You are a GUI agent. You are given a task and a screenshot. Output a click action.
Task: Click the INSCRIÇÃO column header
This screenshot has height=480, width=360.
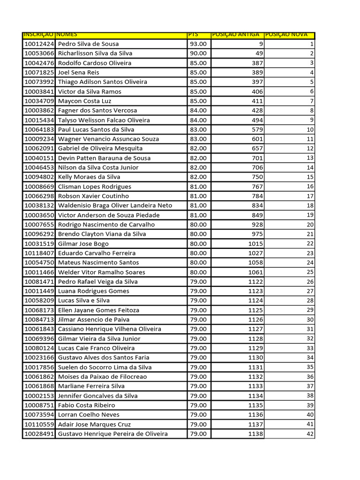pos(38,35)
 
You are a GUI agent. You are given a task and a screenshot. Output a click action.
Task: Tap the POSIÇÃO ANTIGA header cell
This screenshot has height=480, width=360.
pos(236,35)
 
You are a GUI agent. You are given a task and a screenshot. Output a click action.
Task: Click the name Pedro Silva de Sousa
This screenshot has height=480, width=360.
pos(88,44)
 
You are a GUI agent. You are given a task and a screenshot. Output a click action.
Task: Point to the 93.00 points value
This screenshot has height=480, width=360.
pos(198,44)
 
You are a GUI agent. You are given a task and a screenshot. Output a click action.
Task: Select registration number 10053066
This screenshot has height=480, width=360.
pos(39,53)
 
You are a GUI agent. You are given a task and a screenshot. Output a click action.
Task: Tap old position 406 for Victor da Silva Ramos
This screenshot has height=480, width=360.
pos(257,92)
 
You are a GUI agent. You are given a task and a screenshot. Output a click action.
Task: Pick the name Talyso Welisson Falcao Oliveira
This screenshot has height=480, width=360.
pos(104,120)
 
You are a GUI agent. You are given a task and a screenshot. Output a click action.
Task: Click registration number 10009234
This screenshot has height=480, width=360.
pos(39,139)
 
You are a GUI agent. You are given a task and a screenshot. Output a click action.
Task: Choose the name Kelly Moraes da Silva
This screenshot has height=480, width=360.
pos(89,177)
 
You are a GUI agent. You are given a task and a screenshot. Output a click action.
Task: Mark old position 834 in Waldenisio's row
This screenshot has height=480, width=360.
pos(257,206)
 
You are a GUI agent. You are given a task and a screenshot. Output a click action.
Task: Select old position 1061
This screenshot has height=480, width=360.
pos(255,272)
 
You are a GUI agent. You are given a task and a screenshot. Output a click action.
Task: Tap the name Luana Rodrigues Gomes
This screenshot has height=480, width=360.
pos(93,291)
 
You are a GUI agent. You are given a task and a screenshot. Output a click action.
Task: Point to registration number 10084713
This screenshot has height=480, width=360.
pos(39,320)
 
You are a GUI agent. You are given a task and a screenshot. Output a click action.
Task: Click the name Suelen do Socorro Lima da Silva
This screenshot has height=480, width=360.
pos(105,367)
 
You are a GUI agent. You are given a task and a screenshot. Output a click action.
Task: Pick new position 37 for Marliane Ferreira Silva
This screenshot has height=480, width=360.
pos(310,386)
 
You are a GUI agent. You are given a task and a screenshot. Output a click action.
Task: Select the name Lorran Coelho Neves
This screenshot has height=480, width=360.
pos(89,415)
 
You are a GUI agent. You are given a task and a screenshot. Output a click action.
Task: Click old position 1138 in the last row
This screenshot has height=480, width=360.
pos(255,434)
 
